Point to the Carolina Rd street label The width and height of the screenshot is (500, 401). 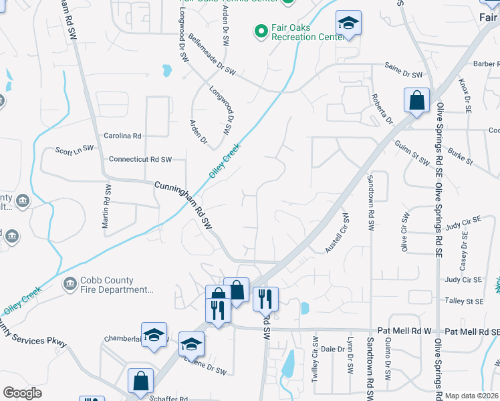[x=122, y=136]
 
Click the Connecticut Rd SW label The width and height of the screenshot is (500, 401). [x=140, y=160]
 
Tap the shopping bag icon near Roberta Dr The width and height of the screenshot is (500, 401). [x=416, y=102]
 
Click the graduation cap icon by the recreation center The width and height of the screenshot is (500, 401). [x=348, y=23]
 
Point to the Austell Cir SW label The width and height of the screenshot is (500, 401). [x=338, y=233]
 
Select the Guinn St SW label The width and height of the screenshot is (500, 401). [x=410, y=154]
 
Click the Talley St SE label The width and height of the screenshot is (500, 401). [x=464, y=301]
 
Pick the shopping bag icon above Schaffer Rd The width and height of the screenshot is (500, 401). [x=140, y=382]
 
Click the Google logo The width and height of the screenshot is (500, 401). [x=23, y=393]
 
